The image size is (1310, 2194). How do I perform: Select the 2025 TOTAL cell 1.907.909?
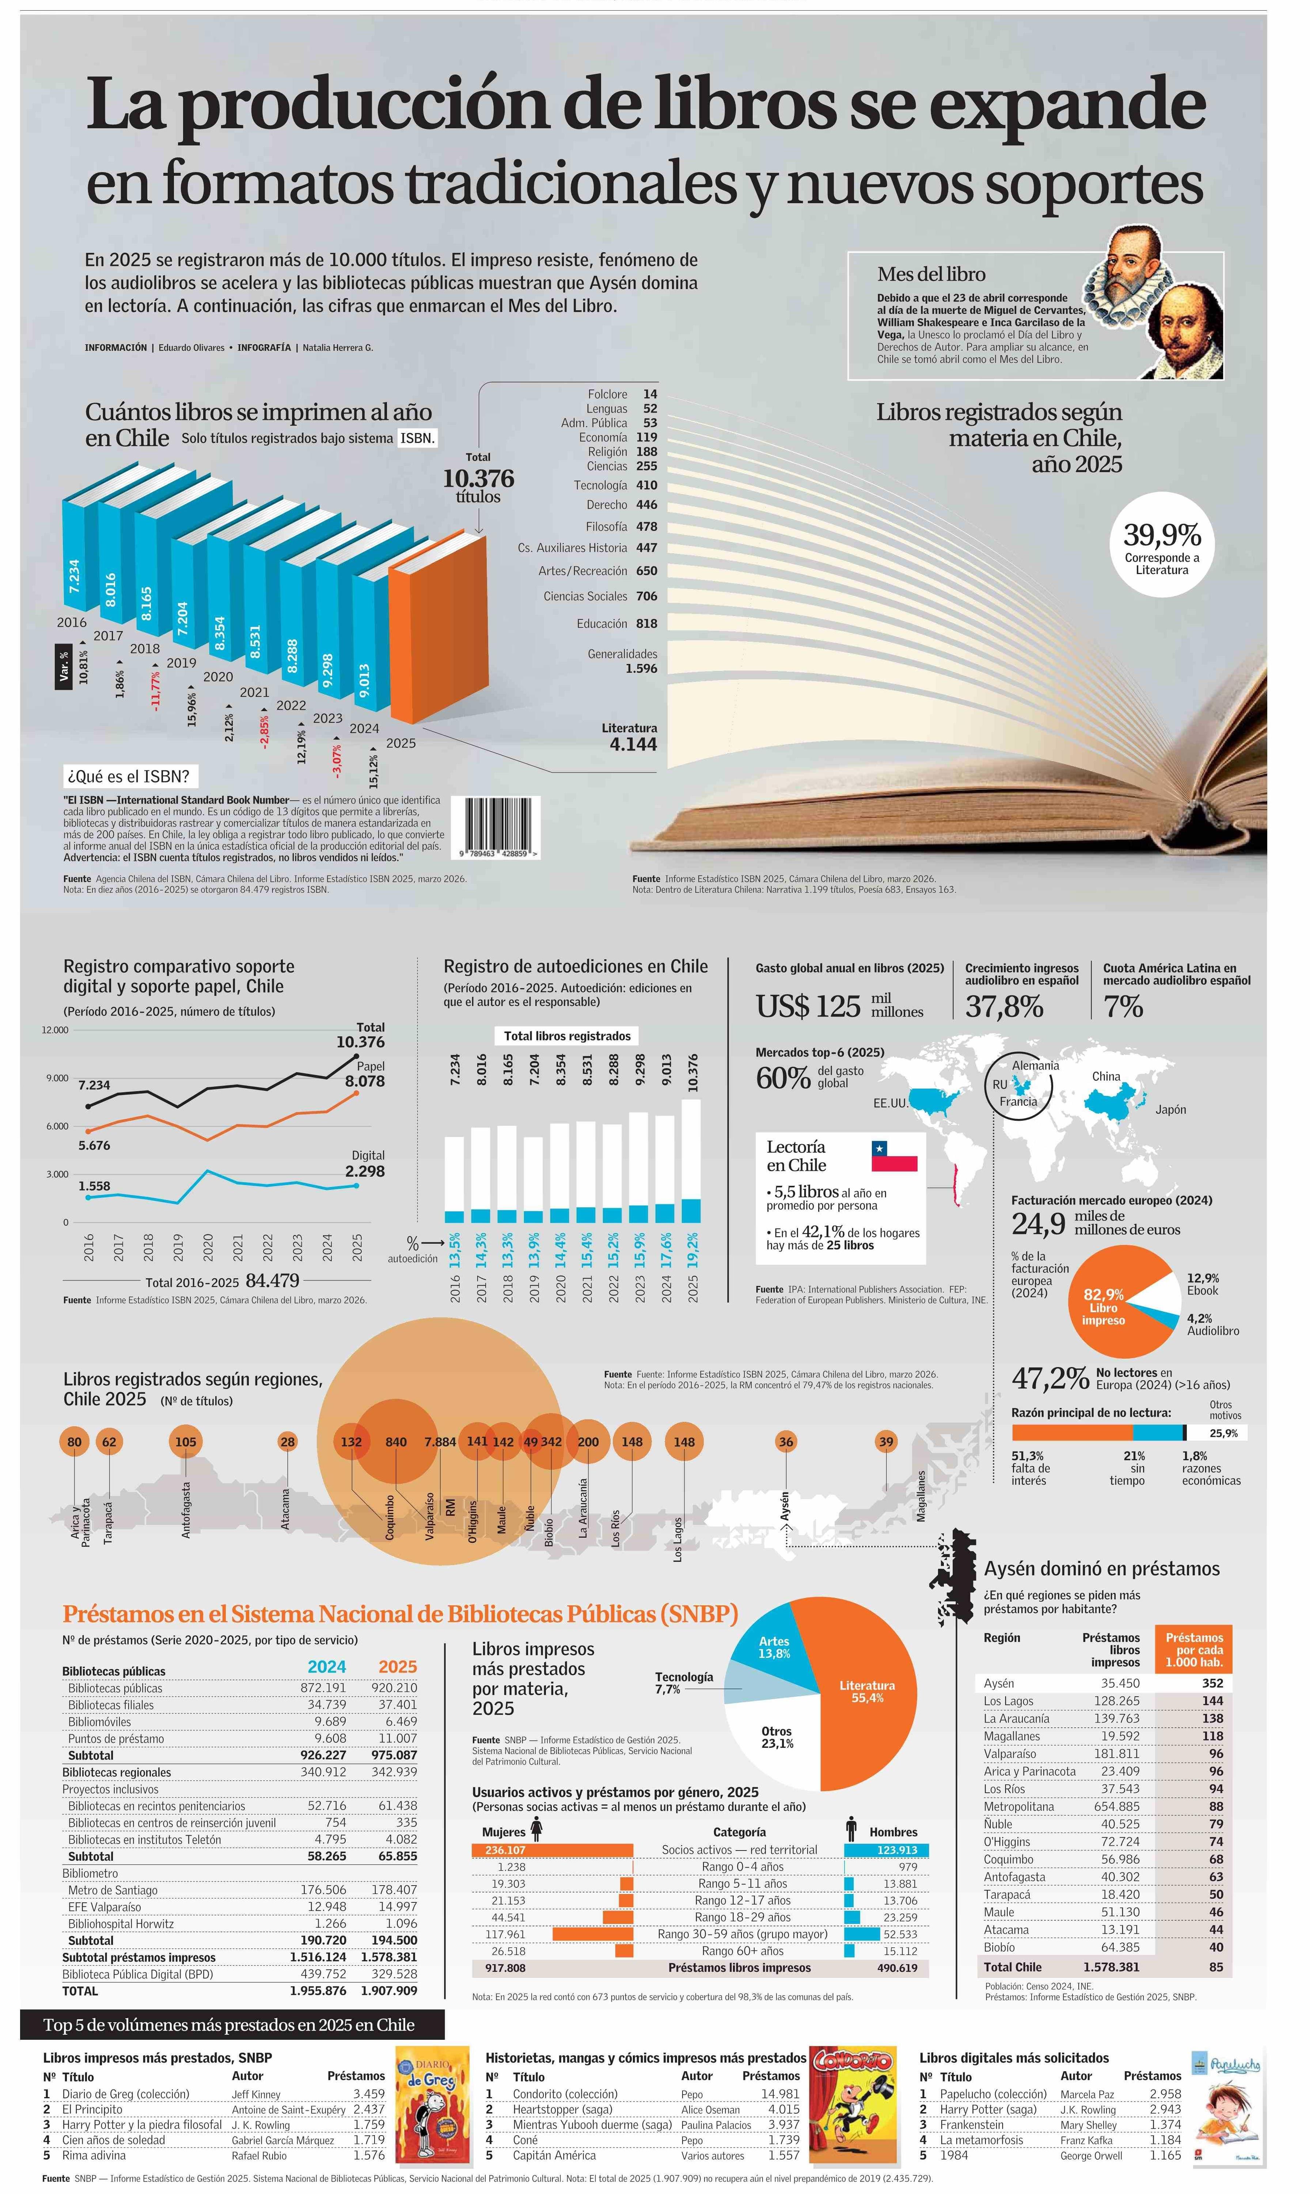pyautogui.click(x=388, y=1990)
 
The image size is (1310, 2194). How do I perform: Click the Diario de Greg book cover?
pyautogui.click(x=432, y=2111)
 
